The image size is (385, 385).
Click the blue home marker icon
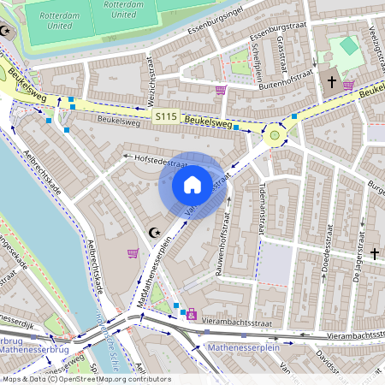192,185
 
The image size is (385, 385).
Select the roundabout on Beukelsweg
275,133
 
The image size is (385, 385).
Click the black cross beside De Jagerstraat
375,253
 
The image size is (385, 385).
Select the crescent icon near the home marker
155,232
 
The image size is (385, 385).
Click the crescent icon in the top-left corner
8,31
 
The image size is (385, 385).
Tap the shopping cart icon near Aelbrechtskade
133,253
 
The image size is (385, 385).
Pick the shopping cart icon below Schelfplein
221,89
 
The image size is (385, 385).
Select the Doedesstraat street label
326,260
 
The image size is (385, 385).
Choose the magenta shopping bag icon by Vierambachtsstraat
191,315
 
